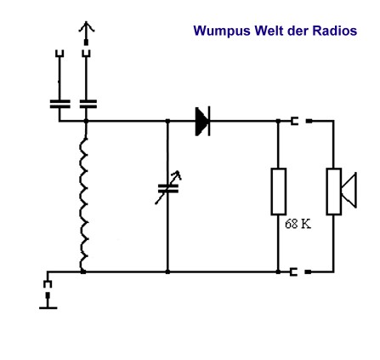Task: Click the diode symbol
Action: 202,121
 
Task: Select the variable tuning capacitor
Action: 168,187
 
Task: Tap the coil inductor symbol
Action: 83,203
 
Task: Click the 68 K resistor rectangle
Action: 279,191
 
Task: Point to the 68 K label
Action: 298,224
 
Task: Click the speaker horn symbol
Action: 349,190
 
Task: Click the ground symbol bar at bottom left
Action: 48,307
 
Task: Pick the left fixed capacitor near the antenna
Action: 60,104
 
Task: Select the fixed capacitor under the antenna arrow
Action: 88,104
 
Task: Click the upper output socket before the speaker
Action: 294,121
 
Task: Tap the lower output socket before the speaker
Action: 293,271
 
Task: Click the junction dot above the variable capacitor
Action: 167,121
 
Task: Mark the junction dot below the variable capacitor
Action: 167,271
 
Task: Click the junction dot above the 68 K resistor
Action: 278,121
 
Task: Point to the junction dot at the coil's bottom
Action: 83,271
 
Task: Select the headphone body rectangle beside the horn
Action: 334,191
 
